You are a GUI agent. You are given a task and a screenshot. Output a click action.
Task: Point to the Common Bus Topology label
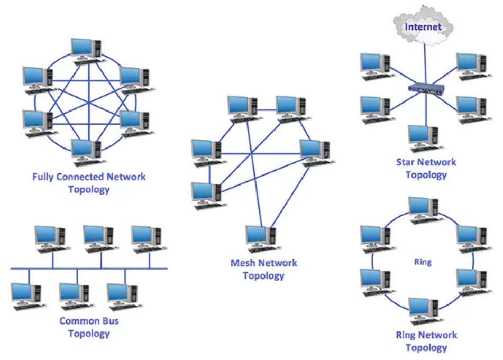tap(89, 327)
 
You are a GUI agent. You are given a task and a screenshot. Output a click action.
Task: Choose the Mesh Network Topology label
tap(264, 269)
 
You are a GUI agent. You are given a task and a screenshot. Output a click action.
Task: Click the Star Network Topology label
tap(426, 168)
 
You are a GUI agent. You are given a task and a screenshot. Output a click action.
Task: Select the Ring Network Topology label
tap(426, 341)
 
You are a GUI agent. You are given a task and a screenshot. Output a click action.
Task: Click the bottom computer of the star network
tap(423, 139)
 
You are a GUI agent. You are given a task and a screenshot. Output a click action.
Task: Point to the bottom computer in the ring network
tap(423, 311)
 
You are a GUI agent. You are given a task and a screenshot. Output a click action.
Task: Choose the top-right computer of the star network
tap(471, 67)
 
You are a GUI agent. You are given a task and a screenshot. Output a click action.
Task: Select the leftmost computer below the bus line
tap(26, 296)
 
